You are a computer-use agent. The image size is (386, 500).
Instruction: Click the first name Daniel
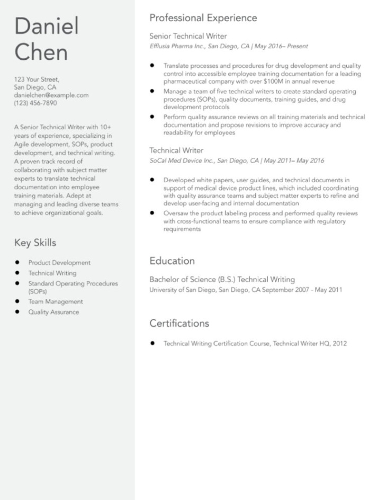point(47,26)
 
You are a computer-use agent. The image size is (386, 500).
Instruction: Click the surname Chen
point(41,52)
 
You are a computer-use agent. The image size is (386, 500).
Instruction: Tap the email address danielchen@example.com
point(51,95)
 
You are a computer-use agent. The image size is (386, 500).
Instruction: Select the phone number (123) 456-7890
point(35,103)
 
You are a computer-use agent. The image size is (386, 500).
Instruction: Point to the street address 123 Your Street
point(37,79)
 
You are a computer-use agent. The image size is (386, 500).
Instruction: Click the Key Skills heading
point(35,243)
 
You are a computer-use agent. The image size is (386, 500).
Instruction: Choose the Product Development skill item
point(59,263)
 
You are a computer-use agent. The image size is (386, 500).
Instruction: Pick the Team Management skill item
point(56,302)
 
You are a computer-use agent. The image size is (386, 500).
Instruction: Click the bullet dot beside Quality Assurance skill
point(17,312)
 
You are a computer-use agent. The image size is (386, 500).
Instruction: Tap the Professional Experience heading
point(203,18)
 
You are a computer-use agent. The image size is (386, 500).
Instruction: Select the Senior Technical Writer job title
point(188,36)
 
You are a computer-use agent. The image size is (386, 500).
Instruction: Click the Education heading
point(172,261)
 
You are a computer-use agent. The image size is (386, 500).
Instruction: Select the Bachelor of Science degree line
point(222,279)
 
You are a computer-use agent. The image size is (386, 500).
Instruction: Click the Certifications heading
point(179,323)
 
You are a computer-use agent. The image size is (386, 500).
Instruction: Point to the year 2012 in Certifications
point(339,344)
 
